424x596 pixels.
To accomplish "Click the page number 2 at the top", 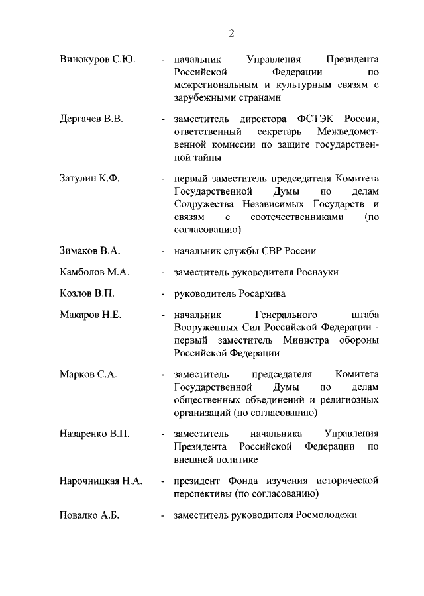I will point(232,34).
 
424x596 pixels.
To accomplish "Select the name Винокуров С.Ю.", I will point(97,59).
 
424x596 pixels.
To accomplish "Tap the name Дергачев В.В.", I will point(91,119).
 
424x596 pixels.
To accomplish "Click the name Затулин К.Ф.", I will point(89,179).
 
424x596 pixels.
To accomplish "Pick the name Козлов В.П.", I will point(86,293).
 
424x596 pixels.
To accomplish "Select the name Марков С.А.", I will point(87,374).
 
